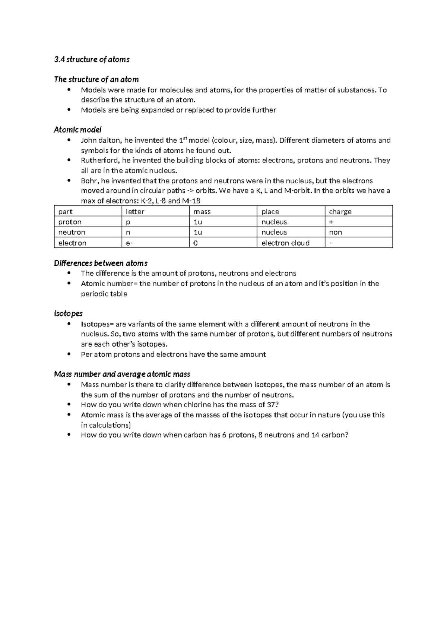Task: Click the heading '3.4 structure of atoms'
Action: coord(92,59)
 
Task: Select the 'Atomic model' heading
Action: coord(77,130)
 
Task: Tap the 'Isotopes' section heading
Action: coord(68,313)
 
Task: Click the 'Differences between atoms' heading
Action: coord(101,263)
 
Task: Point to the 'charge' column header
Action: coord(340,212)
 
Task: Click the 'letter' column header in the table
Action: coord(135,212)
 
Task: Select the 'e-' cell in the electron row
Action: coord(130,243)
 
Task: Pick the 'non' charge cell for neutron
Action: coord(335,233)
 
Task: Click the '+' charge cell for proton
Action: coord(331,222)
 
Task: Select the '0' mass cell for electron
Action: coord(196,243)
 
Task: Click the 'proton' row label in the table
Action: coord(70,222)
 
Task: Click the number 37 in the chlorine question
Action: coord(272,405)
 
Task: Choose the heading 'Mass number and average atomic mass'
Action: coord(122,374)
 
